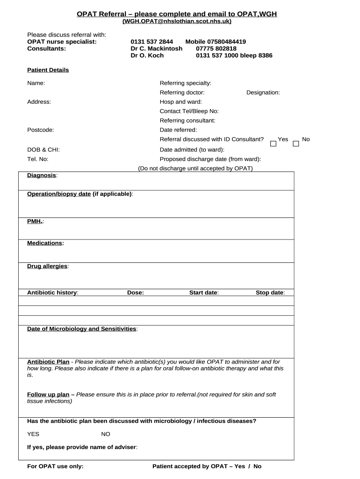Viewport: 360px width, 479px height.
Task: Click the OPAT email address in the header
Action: tap(177, 22)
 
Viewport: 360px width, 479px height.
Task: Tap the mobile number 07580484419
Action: tap(216, 42)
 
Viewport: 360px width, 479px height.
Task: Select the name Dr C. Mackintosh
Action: tap(156, 49)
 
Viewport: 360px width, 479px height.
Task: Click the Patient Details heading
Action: tap(48, 70)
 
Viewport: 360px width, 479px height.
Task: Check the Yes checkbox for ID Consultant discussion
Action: tap(274, 143)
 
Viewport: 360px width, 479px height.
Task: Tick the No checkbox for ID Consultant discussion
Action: tap(295, 143)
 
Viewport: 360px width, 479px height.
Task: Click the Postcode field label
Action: tap(41, 130)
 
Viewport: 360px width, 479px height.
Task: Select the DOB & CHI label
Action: tap(43, 150)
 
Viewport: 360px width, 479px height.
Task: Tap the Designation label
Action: tap(263, 93)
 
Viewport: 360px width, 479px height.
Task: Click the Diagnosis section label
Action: tap(42, 175)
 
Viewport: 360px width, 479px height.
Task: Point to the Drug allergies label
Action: tap(47, 266)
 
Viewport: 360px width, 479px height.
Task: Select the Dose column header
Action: tap(136, 293)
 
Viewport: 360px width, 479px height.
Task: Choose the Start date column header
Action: tap(203, 293)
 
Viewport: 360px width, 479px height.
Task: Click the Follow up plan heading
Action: tap(48, 395)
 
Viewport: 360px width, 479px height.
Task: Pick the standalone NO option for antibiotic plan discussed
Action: tap(106, 434)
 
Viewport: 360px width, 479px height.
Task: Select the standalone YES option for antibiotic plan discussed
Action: tap(33, 434)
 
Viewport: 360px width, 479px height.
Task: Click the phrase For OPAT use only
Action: tap(55, 466)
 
